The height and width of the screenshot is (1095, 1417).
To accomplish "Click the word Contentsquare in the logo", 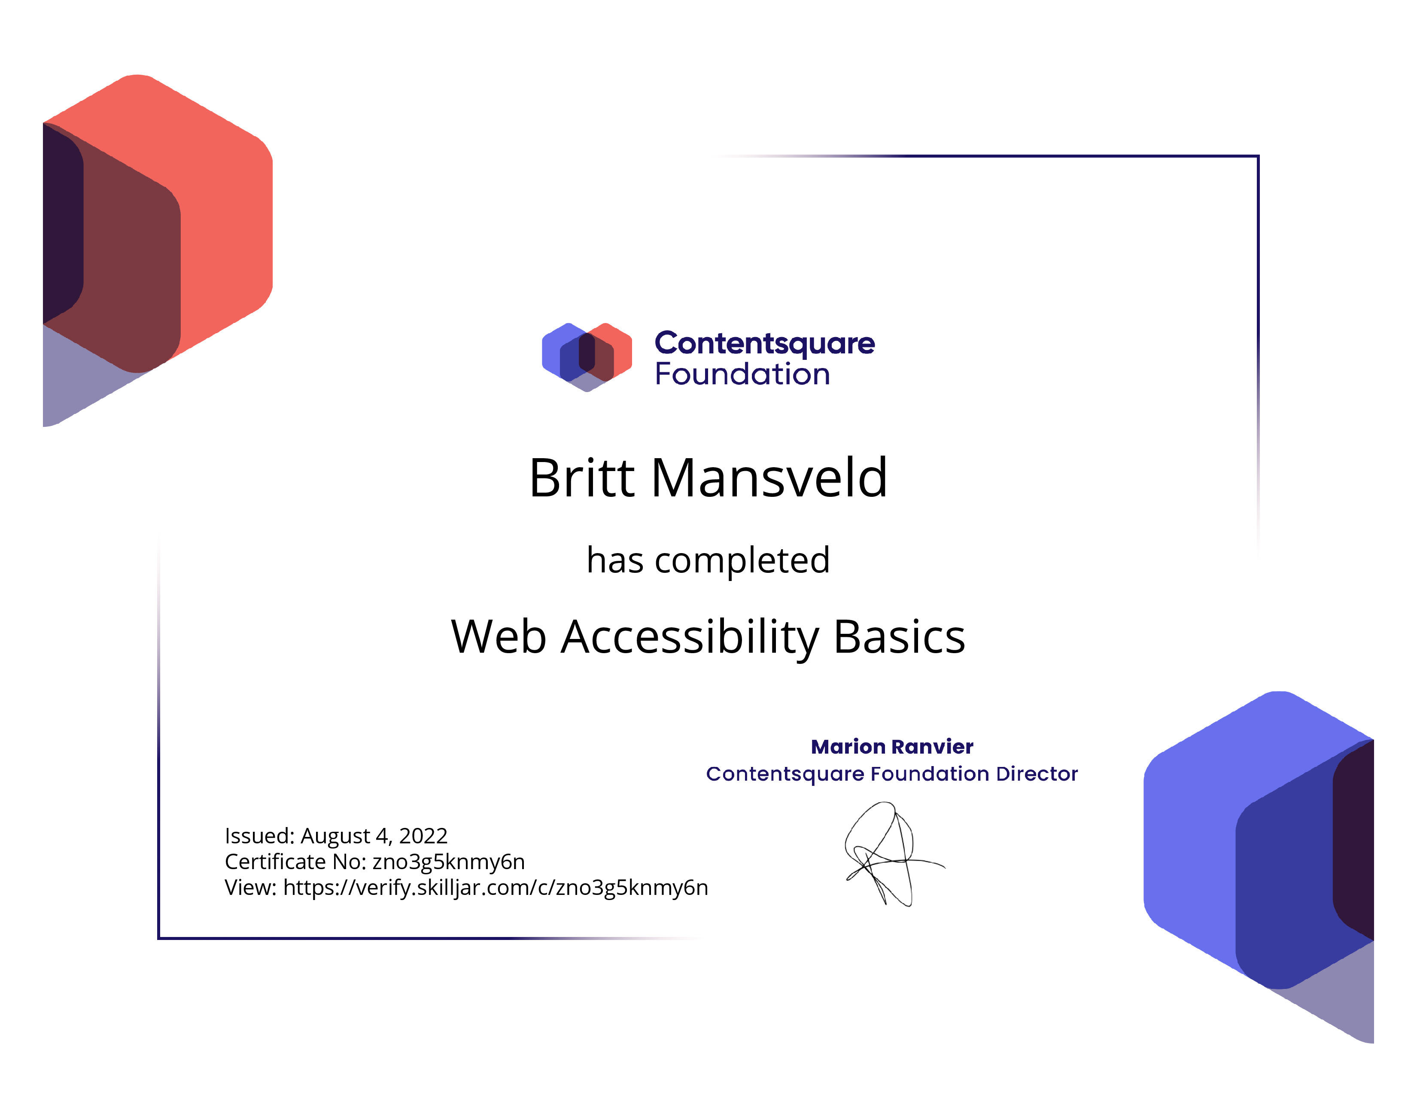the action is pos(764,344).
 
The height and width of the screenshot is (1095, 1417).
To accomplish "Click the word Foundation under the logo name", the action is pos(742,374).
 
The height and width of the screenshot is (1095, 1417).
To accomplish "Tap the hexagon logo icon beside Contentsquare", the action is pos(587,357).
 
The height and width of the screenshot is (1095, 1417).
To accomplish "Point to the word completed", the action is pos(742,560).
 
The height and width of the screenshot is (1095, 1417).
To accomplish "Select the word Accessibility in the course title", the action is pos(690,638).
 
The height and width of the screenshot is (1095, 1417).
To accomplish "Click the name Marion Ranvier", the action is pos(892,747).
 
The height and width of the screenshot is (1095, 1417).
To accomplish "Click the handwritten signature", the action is pos(894,854).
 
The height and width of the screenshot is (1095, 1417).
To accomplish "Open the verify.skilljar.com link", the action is pos(496,888).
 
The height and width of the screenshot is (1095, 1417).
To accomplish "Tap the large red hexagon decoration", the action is pos(158,250).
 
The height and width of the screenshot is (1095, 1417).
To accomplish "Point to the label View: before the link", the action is pos(251,888).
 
